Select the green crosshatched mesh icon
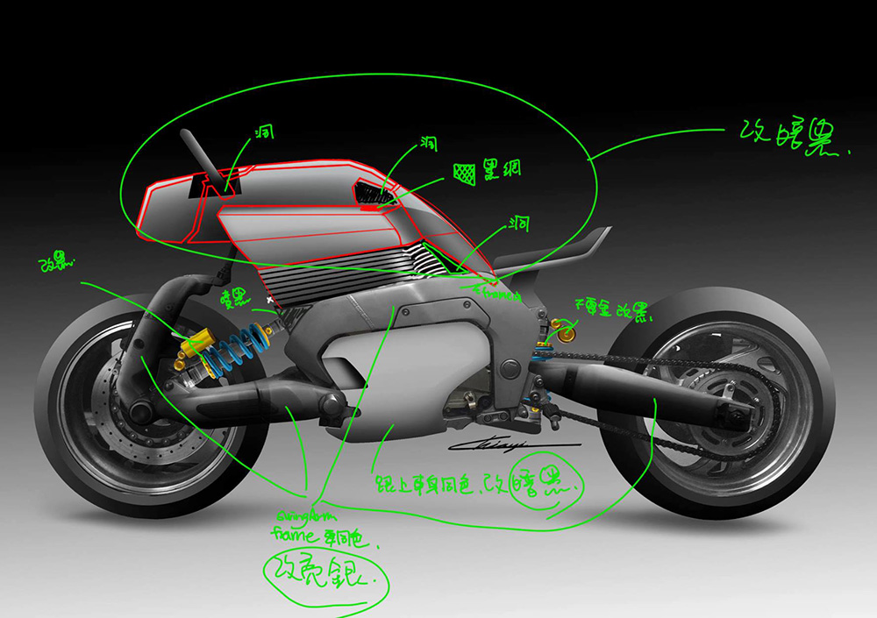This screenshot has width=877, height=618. pos(465,171)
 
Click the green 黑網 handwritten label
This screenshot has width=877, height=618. pos(503,168)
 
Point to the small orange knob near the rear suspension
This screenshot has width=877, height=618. pos(566,334)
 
